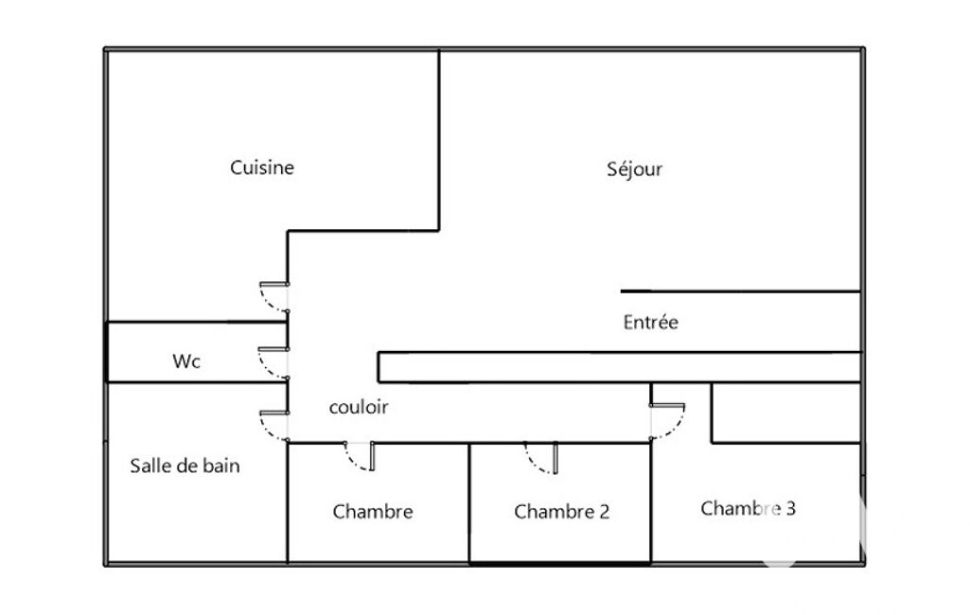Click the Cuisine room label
(x=262, y=167)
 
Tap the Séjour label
(x=634, y=169)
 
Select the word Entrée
(x=650, y=323)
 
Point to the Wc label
(x=186, y=360)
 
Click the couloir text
(x=358, y=407)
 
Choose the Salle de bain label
(x=185, y=466)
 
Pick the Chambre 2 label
(x=561, y=512)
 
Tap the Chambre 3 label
(x=748, y=508)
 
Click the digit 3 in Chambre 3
(x=790, y=508)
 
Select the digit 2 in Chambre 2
(x=604, y=512)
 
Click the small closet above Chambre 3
(x=785, y=413)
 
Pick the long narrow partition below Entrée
(x=619, y=367)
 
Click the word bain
(x=221, y=466)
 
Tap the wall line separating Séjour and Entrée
(x=740, y=290)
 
